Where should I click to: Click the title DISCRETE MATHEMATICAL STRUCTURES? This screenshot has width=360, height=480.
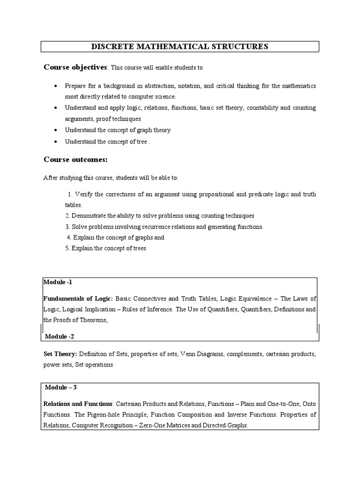coord(180,46)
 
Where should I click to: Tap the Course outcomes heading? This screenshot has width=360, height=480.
coord(75,160)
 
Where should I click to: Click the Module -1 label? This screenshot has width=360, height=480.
coord(58,282)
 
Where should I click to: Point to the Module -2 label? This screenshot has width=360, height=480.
coord(60,337)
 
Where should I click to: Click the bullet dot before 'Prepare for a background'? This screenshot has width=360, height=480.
coord(56,86)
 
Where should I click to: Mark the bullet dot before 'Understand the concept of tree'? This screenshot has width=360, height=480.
coord(56,141)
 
